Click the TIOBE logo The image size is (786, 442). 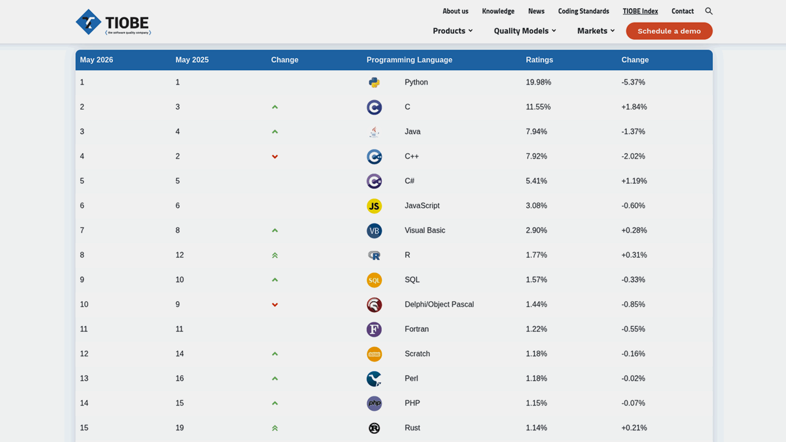point(113,22)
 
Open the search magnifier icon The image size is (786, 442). point(709,11)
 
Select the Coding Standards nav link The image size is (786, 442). point(583,11)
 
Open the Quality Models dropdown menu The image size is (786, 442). point(525,31)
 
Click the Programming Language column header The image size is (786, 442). point(409,60)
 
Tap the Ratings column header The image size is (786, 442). point(539,60)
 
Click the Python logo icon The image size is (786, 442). point(374,83)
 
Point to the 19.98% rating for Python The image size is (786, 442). point(538,82)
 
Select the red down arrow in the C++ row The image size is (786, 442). point(275,157)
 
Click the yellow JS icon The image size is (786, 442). point(374,206)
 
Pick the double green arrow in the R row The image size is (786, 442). point(275,255)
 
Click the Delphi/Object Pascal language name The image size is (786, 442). point(439,305)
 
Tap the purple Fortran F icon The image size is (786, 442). point(374,329)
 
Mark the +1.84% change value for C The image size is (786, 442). point(634,107)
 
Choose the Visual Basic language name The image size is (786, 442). point(425,231)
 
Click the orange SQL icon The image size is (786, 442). point(374,280)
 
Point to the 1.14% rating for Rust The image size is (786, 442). point(536,428)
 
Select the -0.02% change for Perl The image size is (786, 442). point(633,379)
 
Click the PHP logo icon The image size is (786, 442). point(374,403)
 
